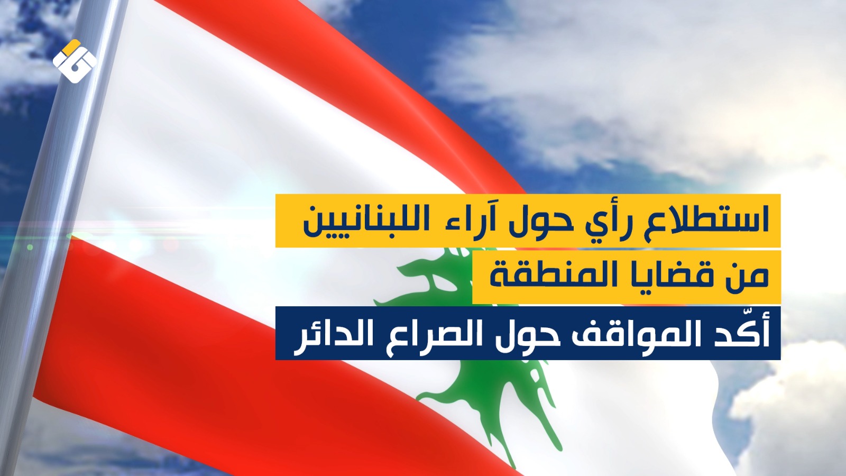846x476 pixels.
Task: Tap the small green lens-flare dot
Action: pos(30,247)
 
